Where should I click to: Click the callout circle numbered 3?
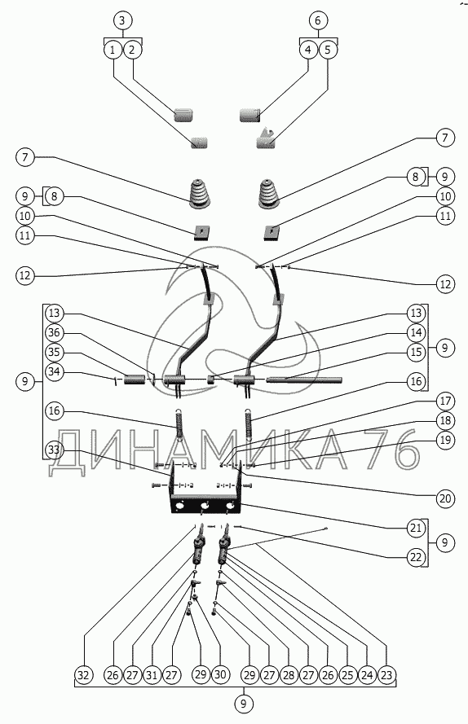click(x=122, y=21)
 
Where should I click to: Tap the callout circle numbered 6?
click(x=318, y=21)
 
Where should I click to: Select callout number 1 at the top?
click(x=113, y=50)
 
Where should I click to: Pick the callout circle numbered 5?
click(x=328, y=50)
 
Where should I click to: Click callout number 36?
click(x=55, y=333)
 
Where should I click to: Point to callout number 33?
click(x=55, y=450)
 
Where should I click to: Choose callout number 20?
click(x=445, y=498)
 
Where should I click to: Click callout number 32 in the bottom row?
click(x=84, y=675)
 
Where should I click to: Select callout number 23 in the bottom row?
click(x=386, y=675)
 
